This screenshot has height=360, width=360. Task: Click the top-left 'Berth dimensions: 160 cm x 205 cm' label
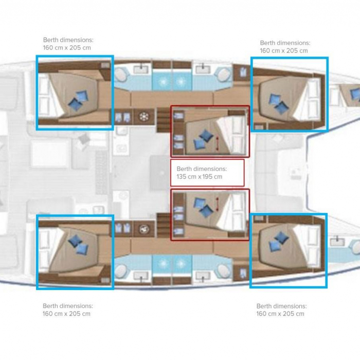tap(68, 44)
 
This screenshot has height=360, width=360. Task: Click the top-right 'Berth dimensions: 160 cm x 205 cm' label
tap(285, 47)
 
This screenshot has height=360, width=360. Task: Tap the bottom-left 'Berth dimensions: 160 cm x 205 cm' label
tap(68, 310)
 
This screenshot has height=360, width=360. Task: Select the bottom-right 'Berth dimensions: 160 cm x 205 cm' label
tap(281, 310)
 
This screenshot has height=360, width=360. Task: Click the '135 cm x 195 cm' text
tap(200, 177)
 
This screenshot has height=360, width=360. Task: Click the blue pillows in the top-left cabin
tap(78, 101)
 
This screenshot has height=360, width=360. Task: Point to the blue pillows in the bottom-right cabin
tap(279, 242)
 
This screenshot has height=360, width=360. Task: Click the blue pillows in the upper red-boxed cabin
tap(204, 139)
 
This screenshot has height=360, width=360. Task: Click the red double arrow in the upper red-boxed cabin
tap(218, 143)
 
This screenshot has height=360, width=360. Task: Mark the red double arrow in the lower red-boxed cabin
tap(217, 204)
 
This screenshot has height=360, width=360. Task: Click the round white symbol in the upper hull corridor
tap(144, 117)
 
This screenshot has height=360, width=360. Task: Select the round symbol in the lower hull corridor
tap(144, 229)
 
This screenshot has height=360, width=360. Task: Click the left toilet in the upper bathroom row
tap(121, 75)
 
